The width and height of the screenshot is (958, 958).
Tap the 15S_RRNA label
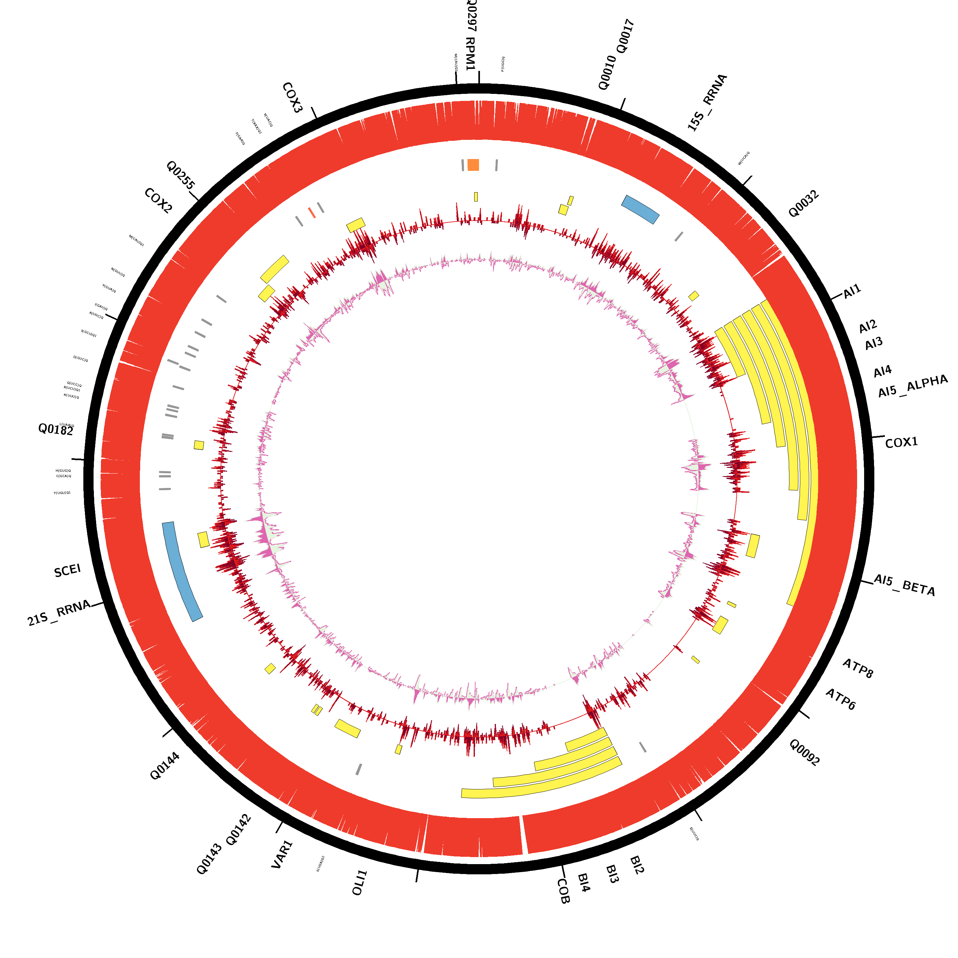tap(707, 103)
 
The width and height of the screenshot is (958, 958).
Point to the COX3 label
tap(292, 98)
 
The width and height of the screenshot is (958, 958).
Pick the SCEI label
tap(67, 571)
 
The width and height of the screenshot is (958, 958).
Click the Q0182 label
tap(56, 430)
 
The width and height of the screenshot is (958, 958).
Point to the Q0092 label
tap(804, 753)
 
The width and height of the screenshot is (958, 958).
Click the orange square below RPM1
tap(474, 165)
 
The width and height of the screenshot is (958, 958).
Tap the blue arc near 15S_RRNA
tap(640, 209)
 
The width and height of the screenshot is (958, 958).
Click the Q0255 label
tap(180, 175)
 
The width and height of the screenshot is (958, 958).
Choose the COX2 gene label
tap(158, 201)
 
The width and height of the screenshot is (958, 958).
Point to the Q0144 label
tap(165, 766)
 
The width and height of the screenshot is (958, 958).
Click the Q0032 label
tap(803, 204)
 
